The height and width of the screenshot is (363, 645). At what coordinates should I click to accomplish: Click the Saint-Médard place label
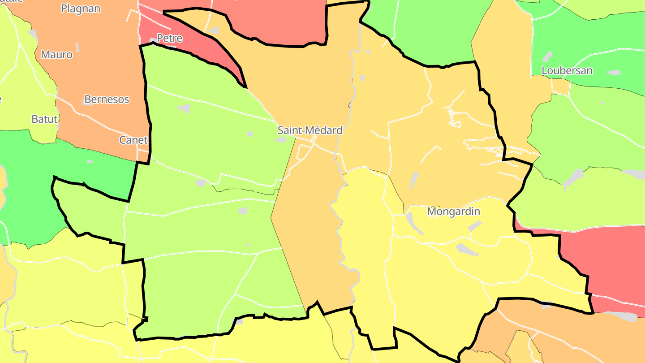click(310, 130)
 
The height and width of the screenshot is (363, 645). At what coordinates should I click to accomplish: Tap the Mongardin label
click(453, 212)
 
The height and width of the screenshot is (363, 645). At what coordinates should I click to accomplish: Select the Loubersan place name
click(567, 70)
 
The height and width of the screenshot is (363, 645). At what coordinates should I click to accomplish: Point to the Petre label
click(169, 39)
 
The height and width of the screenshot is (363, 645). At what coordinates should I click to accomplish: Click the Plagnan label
click(81, 9)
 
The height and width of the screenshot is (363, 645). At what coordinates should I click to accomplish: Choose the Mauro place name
click(56, 55)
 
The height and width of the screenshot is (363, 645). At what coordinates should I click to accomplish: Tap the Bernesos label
click(107, 99)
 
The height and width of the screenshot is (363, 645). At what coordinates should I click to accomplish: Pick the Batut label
click(44, 119)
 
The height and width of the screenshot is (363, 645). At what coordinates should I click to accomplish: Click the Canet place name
click(133, 140)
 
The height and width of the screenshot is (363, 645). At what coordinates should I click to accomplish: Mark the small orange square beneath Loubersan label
click(560, 86)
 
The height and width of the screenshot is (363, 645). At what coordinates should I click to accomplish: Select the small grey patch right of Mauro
click(77, 47)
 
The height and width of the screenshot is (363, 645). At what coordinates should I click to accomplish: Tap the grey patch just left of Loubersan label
click(547, 57)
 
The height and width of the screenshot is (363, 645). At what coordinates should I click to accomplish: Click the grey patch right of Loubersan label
click(614, 72)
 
